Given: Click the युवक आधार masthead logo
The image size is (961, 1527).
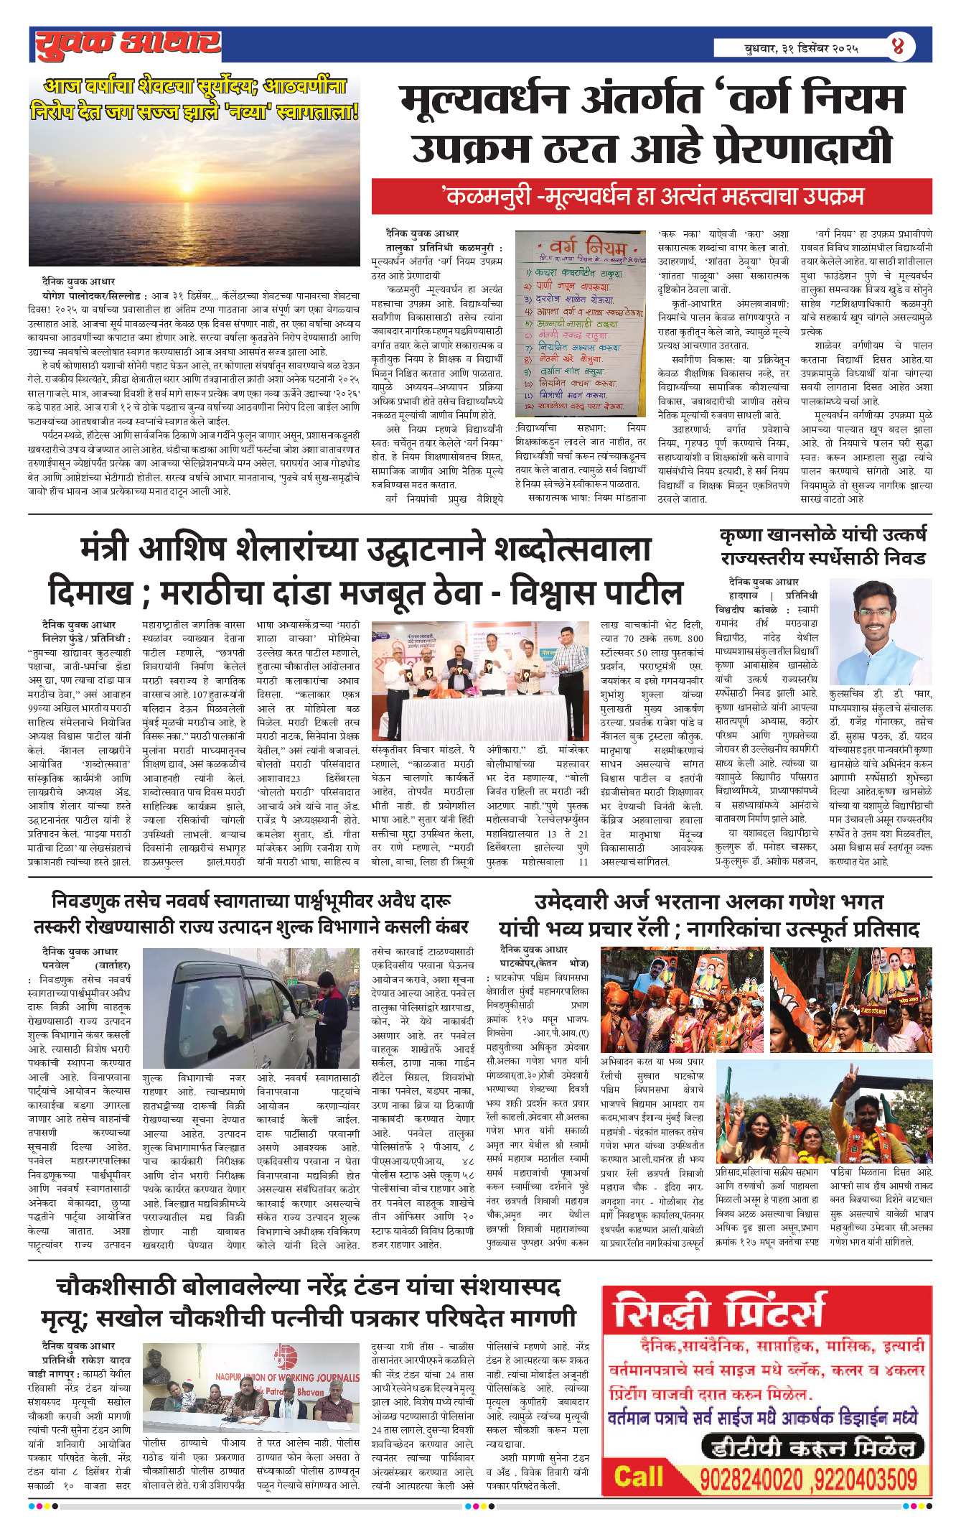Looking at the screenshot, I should click(128, 45).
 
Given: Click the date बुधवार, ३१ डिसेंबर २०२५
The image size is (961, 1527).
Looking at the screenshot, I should click(800, 49).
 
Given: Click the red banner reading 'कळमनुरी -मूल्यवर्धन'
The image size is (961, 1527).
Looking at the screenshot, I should click(652, 197).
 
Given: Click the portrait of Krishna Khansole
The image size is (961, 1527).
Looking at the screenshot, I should click(881, 631).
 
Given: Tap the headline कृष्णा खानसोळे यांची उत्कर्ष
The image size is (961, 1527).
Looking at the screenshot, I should click(823, 535).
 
